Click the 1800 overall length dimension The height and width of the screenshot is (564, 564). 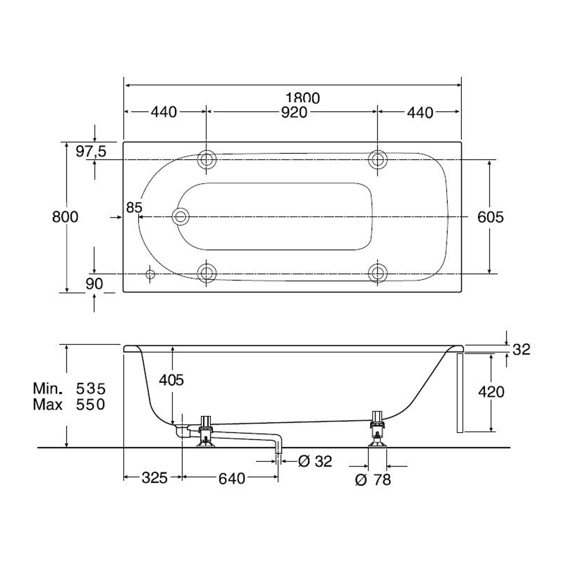click(302, 98)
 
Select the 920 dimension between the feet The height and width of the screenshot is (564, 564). click(294, 113)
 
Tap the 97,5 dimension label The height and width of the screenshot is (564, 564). click(91, 151)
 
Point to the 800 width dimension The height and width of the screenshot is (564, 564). click(65, 217)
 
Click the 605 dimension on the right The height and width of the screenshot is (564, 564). click(491, 217)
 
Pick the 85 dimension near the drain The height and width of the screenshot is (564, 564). click(134, 208)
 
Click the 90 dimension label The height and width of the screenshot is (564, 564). click(94, 284)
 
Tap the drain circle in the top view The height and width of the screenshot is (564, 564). click(180, 217)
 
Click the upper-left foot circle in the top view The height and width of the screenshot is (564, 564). click(206, 159)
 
